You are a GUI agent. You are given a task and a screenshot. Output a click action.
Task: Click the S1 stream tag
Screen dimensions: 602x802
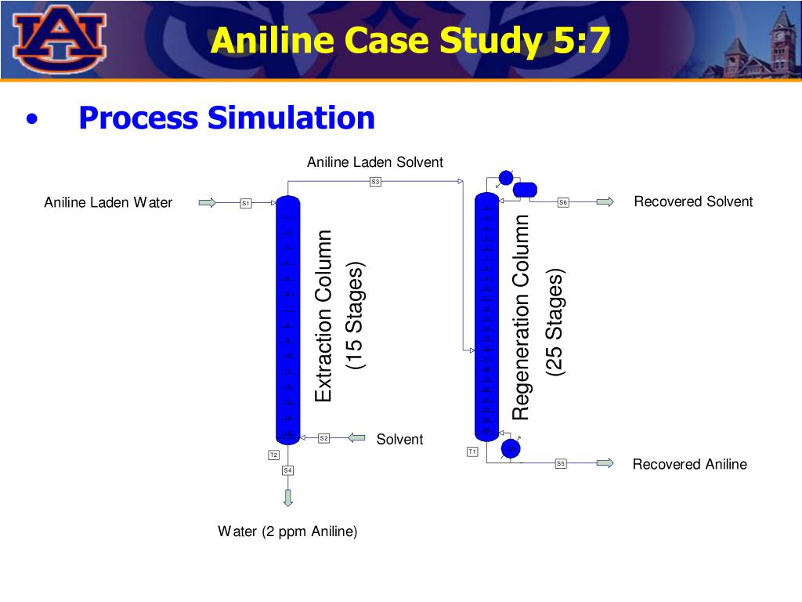[x=245, y=203]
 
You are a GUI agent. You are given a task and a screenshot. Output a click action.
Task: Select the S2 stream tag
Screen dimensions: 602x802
[x=323, y=438]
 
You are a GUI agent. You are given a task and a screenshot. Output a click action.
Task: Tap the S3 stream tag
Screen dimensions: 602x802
[x=375, y=182]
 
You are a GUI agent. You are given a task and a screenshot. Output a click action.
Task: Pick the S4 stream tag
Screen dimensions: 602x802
[x=288, y=470]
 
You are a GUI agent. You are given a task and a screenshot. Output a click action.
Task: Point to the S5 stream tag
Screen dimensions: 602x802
[x=561, y=463]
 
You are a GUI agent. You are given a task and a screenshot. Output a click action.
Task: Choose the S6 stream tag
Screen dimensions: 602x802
[x=563, y=202]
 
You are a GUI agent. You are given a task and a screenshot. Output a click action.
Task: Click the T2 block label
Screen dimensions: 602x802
[x=273, y=455]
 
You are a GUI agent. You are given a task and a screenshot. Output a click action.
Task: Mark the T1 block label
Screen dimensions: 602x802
[x=472, y=451]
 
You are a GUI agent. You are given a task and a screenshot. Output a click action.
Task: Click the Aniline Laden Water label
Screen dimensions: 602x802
[x=108, y=203]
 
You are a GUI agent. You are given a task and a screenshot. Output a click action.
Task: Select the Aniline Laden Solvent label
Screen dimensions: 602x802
[x=374, y=162]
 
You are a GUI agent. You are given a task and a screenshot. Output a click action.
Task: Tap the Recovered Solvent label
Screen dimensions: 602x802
[x=693, y=201]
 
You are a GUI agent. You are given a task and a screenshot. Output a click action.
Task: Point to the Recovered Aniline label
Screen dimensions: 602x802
[x=689, y=464]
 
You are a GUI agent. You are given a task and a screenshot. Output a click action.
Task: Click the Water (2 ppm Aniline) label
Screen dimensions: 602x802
[x=287, y=531]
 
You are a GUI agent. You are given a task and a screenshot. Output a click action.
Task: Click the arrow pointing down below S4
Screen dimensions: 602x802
[x=288, y=497]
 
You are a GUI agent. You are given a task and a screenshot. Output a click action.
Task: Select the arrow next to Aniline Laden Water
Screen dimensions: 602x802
[x=207, y=203]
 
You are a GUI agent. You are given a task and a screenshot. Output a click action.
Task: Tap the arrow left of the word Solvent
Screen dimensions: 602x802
[x=356, y=438]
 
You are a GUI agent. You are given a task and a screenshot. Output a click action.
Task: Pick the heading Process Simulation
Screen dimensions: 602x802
[x=227, y=118]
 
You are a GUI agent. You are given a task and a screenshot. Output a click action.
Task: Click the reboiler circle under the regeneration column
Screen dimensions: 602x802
[x=511, y=448]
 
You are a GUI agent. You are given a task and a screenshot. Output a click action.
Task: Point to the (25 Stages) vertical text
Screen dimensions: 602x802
[x=555, y=323]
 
